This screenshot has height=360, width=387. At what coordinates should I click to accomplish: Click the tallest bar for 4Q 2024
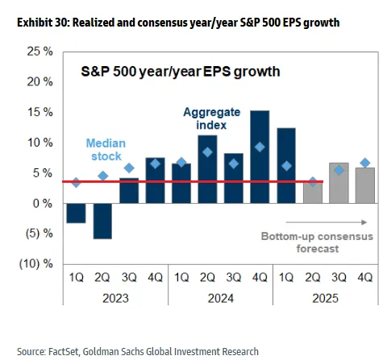(260, 157)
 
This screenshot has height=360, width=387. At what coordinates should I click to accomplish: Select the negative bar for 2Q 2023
(102, 221)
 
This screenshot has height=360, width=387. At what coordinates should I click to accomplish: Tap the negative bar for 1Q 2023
(76, 213)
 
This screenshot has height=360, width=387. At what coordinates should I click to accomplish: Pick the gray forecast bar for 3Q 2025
(339, 183)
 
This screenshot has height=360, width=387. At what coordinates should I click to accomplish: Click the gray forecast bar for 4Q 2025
(365, 185)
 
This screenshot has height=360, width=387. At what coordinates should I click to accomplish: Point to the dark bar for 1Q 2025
(286, 166)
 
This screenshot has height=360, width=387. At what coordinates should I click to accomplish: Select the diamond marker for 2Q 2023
(102, 176)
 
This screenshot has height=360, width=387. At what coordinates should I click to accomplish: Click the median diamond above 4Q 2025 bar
(365, 163)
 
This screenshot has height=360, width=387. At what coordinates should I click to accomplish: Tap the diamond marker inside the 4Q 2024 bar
(260, 147)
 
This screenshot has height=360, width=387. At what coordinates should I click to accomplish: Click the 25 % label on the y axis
(40, 51)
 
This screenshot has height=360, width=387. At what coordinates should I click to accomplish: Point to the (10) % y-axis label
(36, 264)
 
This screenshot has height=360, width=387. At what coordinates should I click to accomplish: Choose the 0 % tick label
(43, 204)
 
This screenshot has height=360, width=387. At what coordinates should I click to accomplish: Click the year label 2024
(221, 298)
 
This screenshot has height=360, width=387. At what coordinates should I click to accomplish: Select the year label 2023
(115, 298)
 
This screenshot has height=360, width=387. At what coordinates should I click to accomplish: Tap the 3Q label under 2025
(339, 277)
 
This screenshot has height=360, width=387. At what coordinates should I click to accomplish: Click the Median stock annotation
(106, 150)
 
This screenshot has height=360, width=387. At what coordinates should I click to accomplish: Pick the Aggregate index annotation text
(212, 118)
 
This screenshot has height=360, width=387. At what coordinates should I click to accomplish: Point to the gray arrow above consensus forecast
(327, 222)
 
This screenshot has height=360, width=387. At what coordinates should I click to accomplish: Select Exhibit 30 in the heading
(44, 23)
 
